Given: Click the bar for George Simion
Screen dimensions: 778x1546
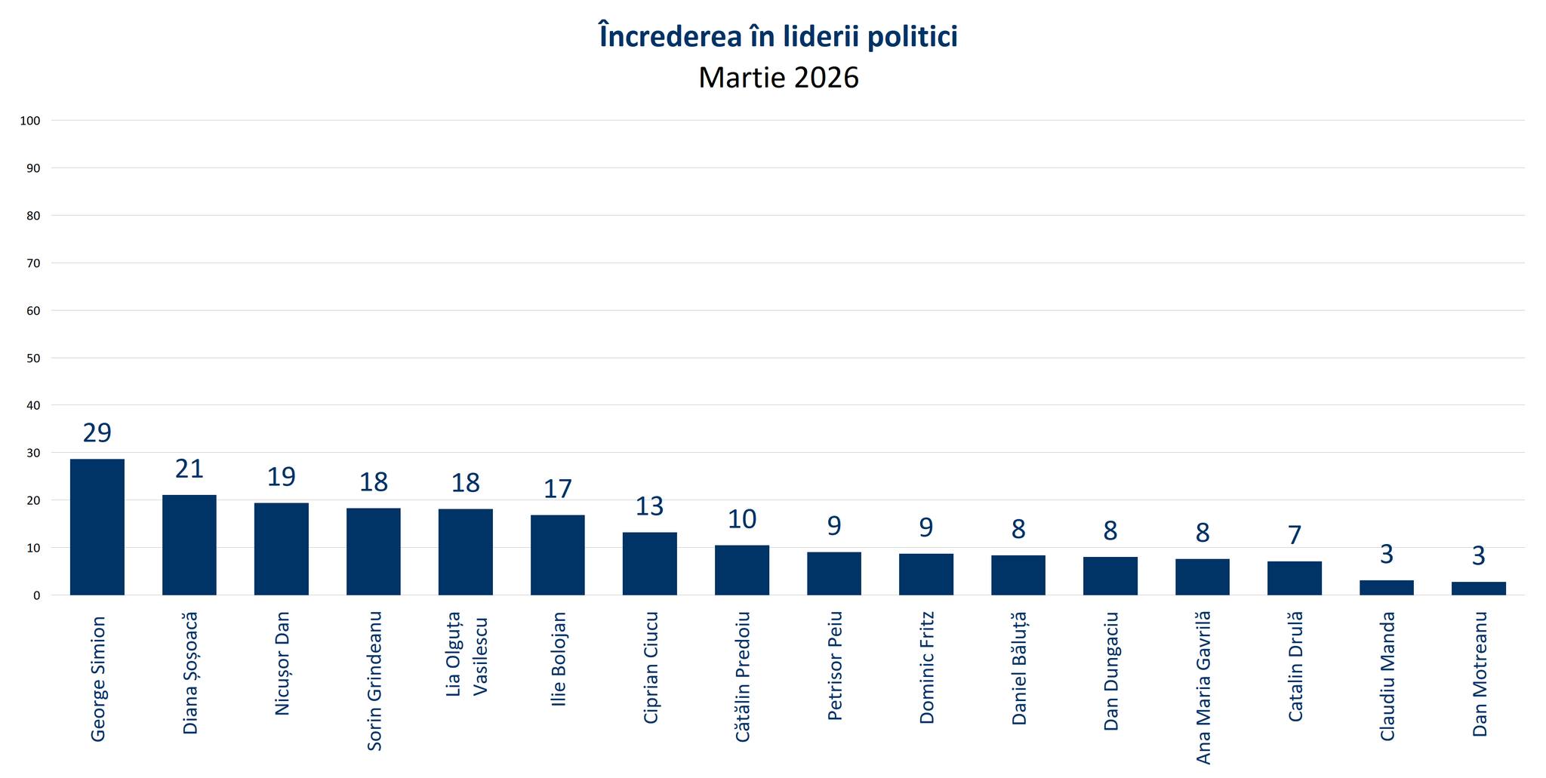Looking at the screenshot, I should pyautogui.click(x=97, y=527).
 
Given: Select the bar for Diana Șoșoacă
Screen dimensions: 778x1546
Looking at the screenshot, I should pyautogui.click(x=189, y=545).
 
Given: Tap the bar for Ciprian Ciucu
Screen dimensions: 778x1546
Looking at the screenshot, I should pyautogui.click(x=650, y=564).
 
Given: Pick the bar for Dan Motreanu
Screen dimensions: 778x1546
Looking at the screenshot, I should pyautogui.click(x=1478, y=589).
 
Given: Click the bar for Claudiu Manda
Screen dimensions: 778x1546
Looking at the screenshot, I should pyautogui.click(x=1386, y=588).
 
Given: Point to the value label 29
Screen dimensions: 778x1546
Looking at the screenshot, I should pyautogui.click(x=97, y=433).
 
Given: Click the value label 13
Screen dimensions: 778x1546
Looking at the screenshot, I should pyautogui.click(x=649, y=506).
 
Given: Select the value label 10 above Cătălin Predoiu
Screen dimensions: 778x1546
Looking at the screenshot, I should pyautogui.click(x=742, y=519).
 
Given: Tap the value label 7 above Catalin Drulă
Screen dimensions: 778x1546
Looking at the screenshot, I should pyautogui.click(x=1295, y=535).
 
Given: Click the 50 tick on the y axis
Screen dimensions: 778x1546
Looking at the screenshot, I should pyautogui.click(x=33, y=358).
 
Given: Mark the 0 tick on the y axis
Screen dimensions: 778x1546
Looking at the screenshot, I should pyautogui.click(x=36, y=595).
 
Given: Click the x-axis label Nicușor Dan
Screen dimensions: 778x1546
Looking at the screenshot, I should pyautogui.click(x=282, y=663).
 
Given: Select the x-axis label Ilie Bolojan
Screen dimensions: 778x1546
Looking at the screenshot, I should pyautogui.click(x=558, y=659).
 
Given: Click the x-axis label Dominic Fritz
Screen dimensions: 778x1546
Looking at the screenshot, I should pyautogui.click(x=926, y=668).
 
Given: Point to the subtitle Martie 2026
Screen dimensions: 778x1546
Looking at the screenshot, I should pyautogui.click(x=778, y=78).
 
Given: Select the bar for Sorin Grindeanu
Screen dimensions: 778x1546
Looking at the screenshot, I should pyautogui.click(x=374, y=552).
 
